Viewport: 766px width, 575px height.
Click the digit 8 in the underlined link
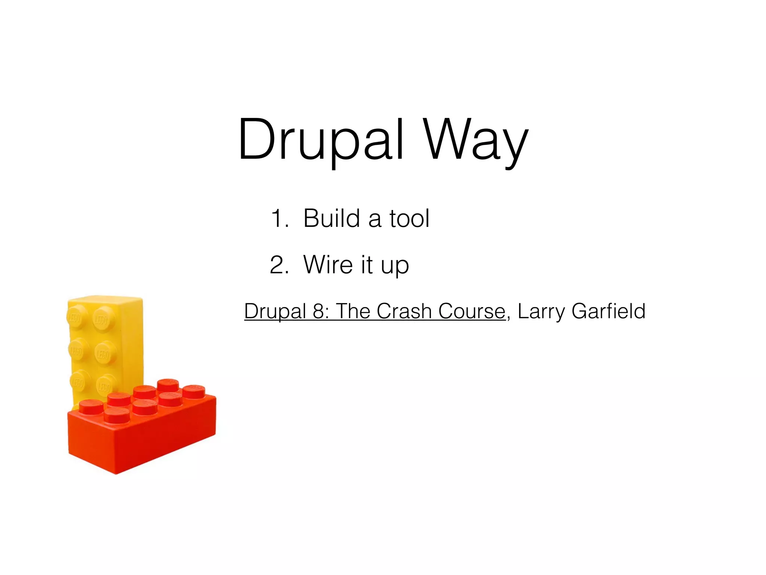[x=319, y=311]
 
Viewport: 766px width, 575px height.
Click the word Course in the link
[x=472, y=311]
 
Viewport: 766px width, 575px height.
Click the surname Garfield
[x=609, y=311]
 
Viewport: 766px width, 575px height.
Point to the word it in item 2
[x=367, y=265]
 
